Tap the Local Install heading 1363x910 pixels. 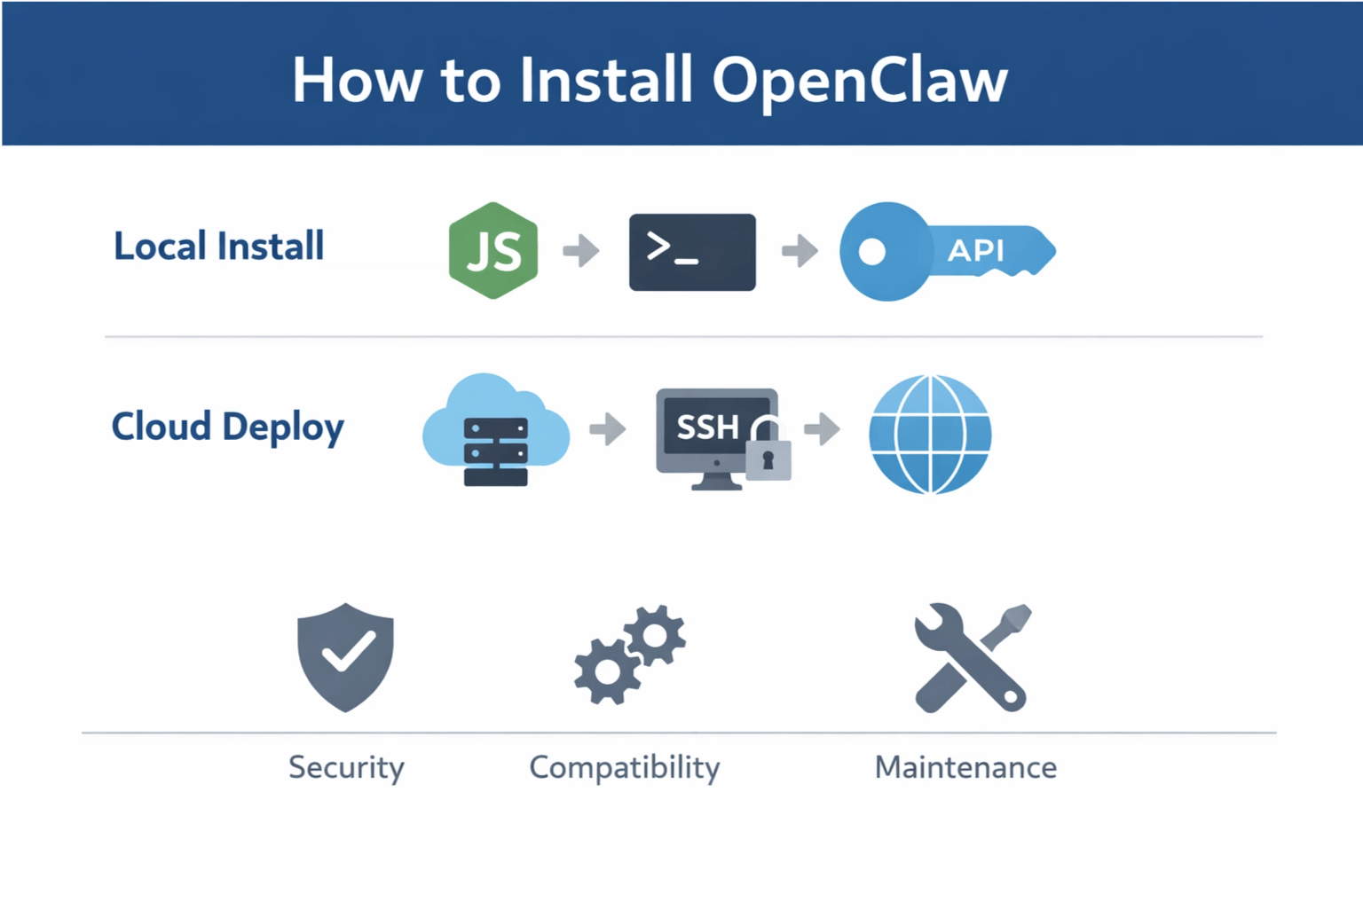(x=218, y=247)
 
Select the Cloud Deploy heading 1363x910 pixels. (x=227, y=428)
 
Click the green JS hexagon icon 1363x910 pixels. (x=493, y=250)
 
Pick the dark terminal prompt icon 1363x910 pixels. (x=692, y=252)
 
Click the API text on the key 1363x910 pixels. (x=975, y=251)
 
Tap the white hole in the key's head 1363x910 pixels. (x=871, y=252)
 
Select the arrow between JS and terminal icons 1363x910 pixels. (x=581, y=250)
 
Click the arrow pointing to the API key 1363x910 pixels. (x=800, y=250)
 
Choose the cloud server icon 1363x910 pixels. (x=496, y=431)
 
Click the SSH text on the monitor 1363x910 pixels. (x=707, y=428)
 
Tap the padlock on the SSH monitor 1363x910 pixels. (x=768, y=453)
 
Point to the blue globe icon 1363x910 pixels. (x=930, y=434)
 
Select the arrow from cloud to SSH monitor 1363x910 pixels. (x=608, y=429)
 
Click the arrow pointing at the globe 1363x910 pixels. (x=823, y=429)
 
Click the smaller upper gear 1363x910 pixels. (x=655, y=635)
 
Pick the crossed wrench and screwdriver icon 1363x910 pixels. (x=972, y=657)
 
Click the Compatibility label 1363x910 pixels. (x=625, y=767)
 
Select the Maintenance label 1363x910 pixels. (x=965, y=767)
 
